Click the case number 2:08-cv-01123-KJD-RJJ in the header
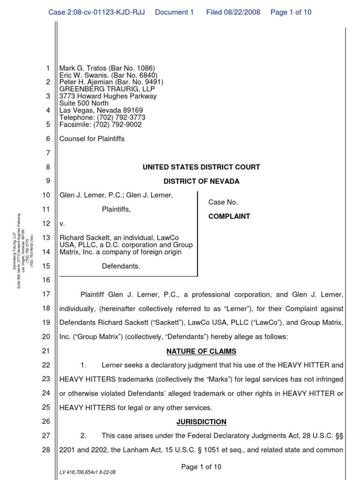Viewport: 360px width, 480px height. tap(99, 12)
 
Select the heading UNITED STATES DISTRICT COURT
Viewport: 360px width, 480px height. tap(201, 167)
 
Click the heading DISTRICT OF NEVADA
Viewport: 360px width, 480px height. tap(201, 181)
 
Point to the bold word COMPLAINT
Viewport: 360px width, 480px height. tap(229, 217)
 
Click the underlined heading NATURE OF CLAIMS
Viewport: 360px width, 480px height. tap(201, 352)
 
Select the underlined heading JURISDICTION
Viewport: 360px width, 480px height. tap(201, 422)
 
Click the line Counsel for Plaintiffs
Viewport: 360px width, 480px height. tap(92, 139)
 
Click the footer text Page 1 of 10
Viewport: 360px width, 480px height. tap(201, 466)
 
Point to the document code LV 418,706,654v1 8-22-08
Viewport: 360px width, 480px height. tap(87, 472)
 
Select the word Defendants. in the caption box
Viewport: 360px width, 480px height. tap(121, 266)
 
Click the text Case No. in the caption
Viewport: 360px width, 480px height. tap(223, 202)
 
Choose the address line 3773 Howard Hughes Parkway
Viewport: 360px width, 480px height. tap(108, 96)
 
